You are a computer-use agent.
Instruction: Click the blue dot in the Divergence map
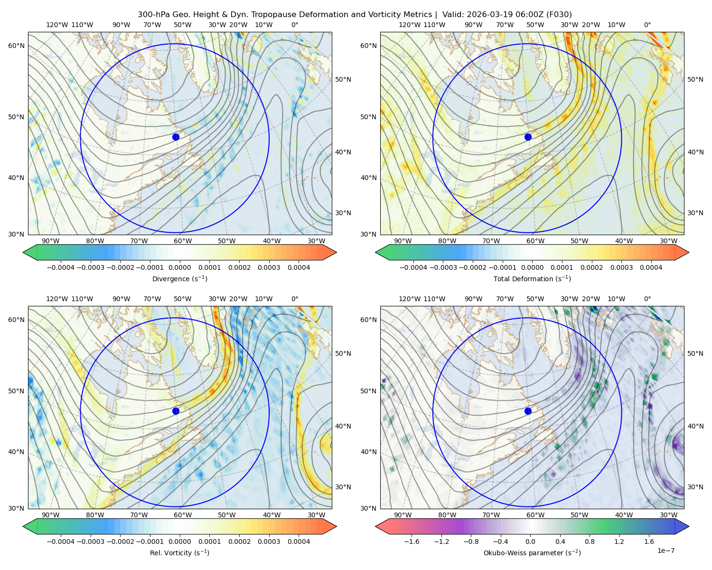click(176, 137)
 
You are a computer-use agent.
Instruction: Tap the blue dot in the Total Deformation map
click(528, 137)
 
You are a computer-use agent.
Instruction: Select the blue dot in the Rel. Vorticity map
click(176, 411)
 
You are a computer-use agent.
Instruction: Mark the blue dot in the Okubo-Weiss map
click(528, 411)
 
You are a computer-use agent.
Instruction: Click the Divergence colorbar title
click(179, 278)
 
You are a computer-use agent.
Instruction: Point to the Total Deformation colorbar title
click(532, 278)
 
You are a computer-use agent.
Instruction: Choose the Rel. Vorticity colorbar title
click(179, 552)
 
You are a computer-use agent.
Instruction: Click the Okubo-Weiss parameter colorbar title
click(532, 552)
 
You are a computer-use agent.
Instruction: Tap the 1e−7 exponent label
click(665, 551)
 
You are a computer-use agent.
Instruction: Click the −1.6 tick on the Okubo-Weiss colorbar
click(412, 541)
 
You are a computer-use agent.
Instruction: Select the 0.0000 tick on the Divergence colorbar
click(179, 267)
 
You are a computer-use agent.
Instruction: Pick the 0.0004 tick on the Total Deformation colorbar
click(651, 267)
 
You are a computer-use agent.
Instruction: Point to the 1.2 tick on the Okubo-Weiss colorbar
click(619, 541)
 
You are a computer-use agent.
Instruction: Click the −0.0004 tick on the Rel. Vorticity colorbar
click(61, 541)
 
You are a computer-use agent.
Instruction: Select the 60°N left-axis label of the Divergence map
click(16, 46)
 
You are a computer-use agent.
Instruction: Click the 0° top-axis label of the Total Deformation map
click(647, 25)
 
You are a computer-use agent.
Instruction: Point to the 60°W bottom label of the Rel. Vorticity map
click(183, 515)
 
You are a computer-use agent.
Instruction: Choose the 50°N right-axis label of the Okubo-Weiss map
click(695, 353)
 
